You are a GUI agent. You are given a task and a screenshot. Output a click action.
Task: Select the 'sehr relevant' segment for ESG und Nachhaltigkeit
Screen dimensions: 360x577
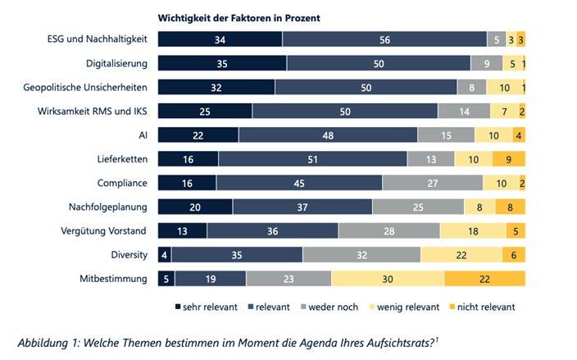point(219,39)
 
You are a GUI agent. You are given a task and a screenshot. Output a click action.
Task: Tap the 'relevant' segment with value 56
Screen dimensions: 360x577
point(384,39)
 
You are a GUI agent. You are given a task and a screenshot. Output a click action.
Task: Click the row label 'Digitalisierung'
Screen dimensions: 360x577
point(117,63)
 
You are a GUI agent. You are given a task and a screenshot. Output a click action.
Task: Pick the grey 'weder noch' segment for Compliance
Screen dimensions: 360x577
point(432,183)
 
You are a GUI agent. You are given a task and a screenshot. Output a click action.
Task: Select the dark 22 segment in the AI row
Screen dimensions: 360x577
point(198,135)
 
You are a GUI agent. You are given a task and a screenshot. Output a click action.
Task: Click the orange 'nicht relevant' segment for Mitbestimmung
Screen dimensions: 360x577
point(484,279)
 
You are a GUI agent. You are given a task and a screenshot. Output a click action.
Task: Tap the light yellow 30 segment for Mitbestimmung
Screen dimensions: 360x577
point(388,279)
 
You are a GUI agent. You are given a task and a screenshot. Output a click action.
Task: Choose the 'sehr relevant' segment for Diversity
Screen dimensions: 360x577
point(164,255)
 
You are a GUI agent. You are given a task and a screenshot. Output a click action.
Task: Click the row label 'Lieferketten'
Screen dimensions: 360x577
point(124,159)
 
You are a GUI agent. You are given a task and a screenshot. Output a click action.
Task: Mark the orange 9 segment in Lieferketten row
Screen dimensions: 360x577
point(508,159)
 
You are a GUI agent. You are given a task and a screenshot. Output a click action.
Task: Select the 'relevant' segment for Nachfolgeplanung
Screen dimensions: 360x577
point(302,207)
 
